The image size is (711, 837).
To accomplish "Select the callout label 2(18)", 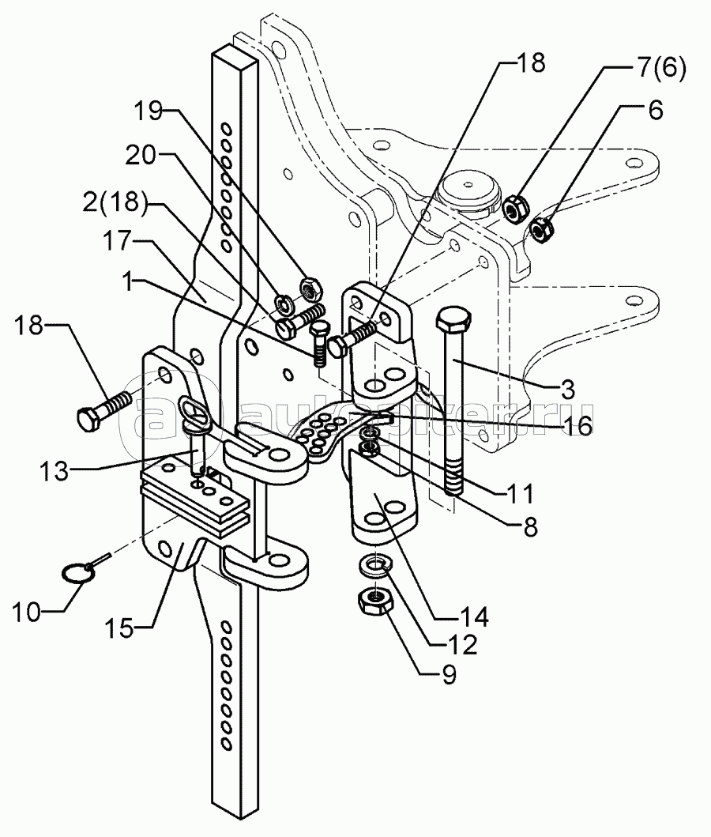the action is point(114,202).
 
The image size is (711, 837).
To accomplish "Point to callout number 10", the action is point(27,612).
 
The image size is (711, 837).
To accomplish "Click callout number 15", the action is point(119,628).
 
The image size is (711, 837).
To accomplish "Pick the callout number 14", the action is point(474,616).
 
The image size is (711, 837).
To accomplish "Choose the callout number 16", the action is point(577,425).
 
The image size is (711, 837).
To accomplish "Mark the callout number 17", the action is point(117,240).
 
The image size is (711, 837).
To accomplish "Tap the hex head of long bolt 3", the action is point(453,321).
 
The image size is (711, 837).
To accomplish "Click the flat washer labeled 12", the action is point(376,565).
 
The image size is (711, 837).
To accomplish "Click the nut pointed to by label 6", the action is point(542,229).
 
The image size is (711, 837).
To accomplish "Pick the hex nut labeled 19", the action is point(310,290).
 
